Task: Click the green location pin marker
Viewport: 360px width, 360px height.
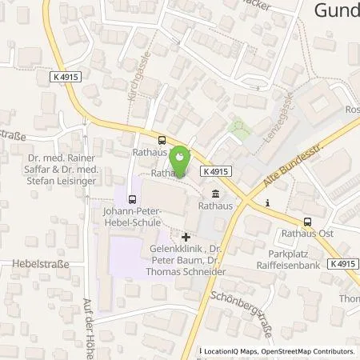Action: (182, 156)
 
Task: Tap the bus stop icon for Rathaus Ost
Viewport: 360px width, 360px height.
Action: (307, 222)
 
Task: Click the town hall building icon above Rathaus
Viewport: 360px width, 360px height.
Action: (216, 194)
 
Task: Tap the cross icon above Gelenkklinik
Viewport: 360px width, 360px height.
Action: (186, 237)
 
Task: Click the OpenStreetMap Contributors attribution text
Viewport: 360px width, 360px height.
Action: (307, 351)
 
